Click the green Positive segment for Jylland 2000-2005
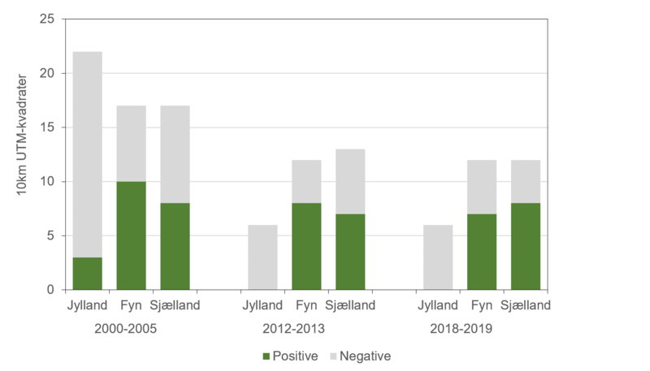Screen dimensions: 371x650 [x=88, y=274]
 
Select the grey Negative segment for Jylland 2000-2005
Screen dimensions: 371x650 [x=88, y=154]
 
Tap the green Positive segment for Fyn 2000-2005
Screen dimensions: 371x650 [x=132, y=235]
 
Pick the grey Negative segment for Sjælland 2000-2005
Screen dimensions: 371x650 [x=175, y=154]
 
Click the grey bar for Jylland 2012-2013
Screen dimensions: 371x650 [x=263, y=257]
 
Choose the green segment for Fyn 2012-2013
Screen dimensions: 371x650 [x=306, y=246]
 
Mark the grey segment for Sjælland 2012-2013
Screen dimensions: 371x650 [x=350, y=181]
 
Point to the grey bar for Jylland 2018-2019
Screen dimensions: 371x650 [x=438, y=257]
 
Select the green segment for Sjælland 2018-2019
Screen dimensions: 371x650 [x=526, y=246]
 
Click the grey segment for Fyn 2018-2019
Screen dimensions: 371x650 [x=482, y=187]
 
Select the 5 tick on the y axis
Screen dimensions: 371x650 [x=50, y=235]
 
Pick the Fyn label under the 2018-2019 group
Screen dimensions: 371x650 [x=482, y=306]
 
